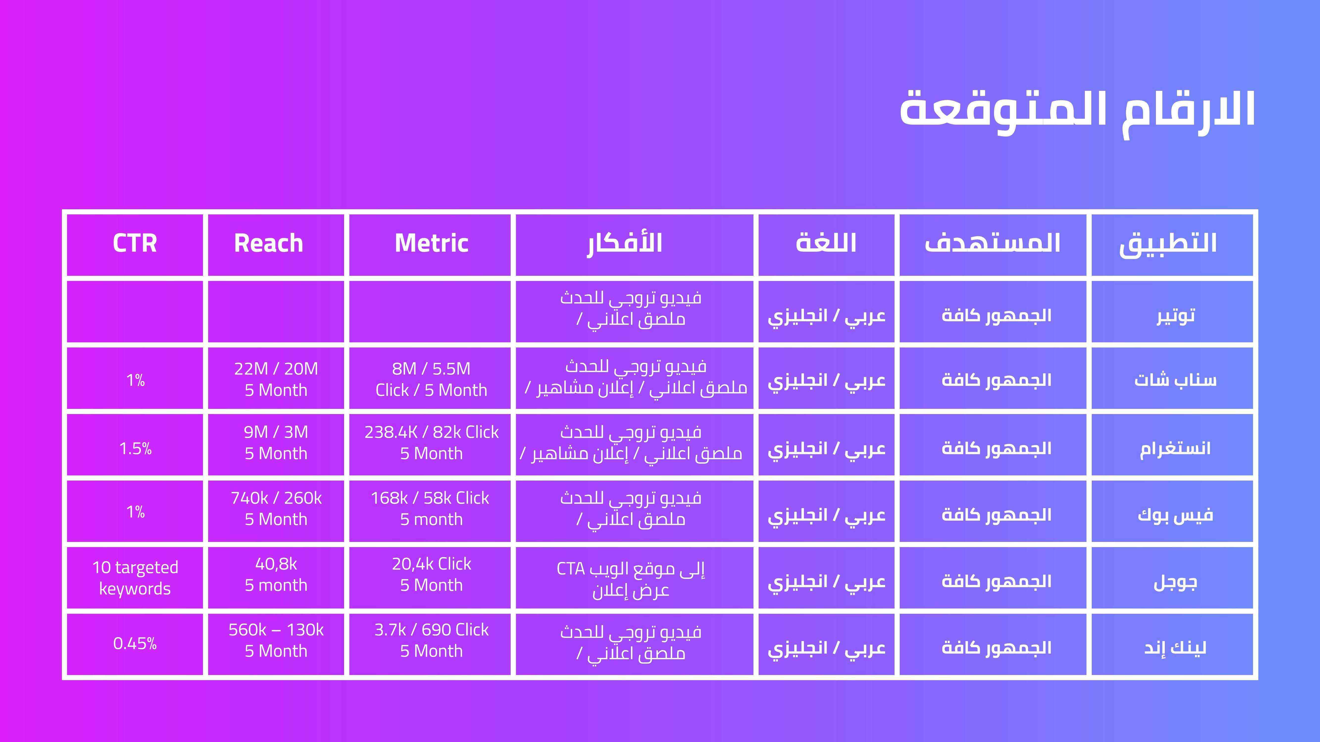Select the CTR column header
pos(135,243)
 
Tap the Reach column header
pos(269,243)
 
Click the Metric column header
pos(431,243)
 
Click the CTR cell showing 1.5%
pos(135,449)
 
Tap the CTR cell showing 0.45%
pos(135,643)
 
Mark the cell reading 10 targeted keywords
pos(135,578)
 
